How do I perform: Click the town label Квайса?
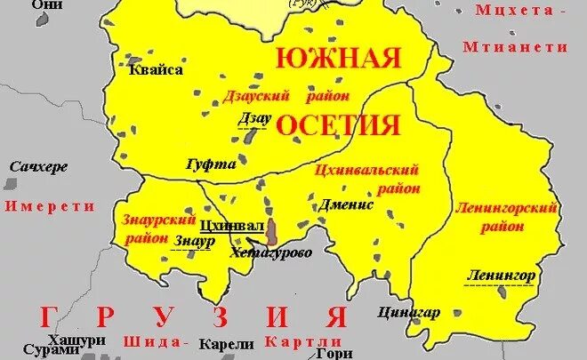156,69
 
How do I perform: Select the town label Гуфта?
211,164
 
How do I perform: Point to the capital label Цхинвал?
233,226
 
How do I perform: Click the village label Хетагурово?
270,252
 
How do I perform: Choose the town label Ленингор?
501,276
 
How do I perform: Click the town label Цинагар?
409,312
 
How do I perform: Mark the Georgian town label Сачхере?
39,166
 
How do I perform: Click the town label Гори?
329,353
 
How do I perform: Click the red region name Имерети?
49,205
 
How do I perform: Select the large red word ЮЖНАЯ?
338,60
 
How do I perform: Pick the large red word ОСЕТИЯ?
338,125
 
